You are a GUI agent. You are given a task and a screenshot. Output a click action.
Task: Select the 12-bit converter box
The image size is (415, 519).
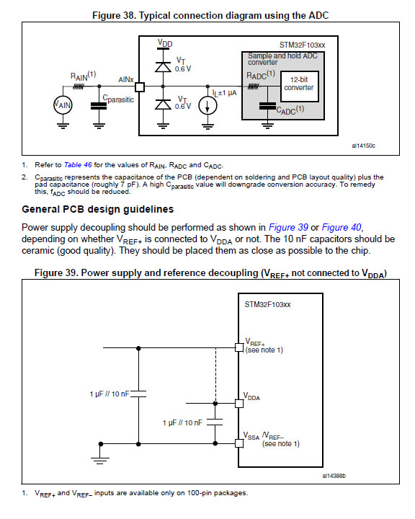tap(300, 86)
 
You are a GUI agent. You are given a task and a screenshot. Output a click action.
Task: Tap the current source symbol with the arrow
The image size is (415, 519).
tap(207, 106)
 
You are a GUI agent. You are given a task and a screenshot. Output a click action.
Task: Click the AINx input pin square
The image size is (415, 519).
tap(140, 86)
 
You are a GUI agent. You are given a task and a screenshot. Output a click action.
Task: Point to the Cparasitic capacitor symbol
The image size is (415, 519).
tap(99, 105)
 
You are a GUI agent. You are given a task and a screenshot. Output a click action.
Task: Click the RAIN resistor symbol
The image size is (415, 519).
tap(78, 86)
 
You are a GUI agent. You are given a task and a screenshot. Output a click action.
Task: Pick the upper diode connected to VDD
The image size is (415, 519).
tap(163, 67)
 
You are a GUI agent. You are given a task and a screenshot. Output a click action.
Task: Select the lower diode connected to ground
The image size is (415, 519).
tap(163, 104)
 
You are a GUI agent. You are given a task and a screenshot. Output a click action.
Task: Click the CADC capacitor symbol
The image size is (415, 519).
tap(267, 106)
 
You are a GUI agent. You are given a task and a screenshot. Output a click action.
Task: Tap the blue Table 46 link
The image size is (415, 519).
tap(78, 165)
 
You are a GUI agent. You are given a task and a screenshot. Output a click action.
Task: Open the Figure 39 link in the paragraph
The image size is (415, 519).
tap(288, 227)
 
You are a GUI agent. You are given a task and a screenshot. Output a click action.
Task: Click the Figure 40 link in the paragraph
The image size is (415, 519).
tap(342, 227)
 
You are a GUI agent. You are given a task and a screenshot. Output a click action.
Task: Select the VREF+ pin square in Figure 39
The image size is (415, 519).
tap(239, 347)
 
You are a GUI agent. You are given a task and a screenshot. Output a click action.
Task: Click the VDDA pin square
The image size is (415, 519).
tap(239, 404)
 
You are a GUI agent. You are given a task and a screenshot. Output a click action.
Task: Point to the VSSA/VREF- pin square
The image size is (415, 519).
tap(239, 443)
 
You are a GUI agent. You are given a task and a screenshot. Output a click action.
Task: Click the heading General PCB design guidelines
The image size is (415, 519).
tap(98, 209)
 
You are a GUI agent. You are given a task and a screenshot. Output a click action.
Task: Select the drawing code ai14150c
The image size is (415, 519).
tap(363, 146)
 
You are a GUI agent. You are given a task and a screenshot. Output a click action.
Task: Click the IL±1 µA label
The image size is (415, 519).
tap(224, 93)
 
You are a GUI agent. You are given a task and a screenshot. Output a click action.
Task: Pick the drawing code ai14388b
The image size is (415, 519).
tap(334, 476)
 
